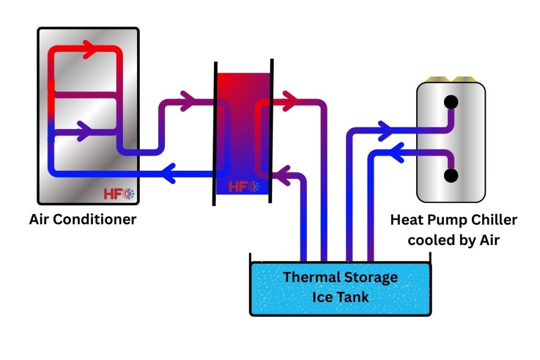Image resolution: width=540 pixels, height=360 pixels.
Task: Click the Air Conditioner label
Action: tap(83, 219)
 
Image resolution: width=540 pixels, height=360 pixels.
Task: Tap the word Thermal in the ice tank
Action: tap(307, 277)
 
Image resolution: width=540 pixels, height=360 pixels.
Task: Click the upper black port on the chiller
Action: tap(451, 101)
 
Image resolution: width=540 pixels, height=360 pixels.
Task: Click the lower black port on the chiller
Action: tap(451, 176)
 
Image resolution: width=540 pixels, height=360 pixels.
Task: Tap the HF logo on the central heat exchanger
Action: tap(244, 186)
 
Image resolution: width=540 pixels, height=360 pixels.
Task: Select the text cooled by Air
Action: tap(454, 240)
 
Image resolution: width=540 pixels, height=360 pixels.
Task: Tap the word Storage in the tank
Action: tap(370, 277)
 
